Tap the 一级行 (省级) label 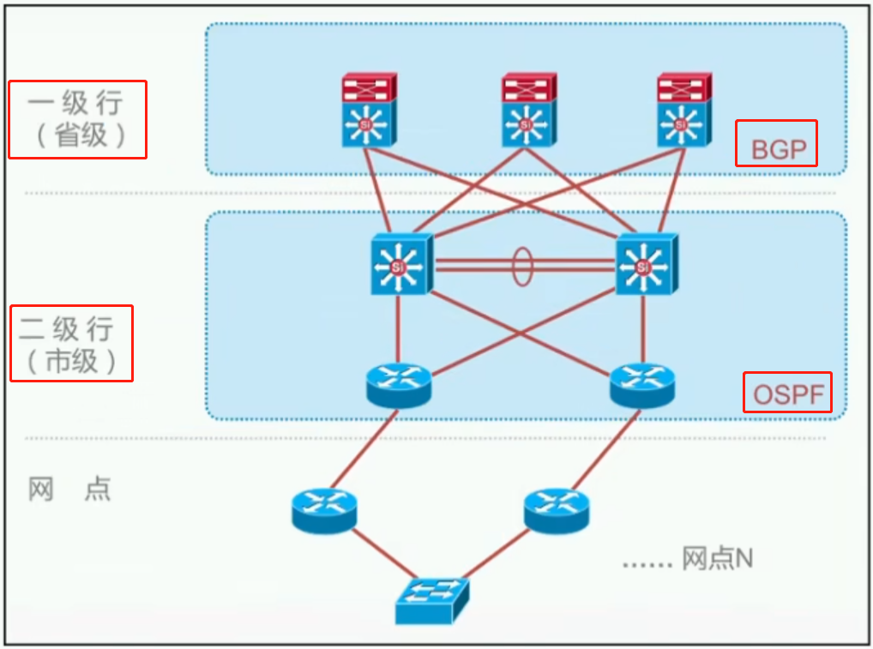click(x=77, y=119)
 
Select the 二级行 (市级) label click(x=71, y=343)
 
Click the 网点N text click(x=717, y=559)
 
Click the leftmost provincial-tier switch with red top click(x=369, y=111)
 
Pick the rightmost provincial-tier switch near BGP click(x=683, y=111)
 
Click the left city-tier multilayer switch click(x=399, y=266)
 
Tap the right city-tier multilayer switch click(x=644, y=266)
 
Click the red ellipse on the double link click(x=522, y=266)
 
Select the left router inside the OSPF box click(x=398, y=385)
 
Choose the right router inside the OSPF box click(x=642, y=385)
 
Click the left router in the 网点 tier click(x=323, y=509)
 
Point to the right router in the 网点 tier click(x=556, y=509)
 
